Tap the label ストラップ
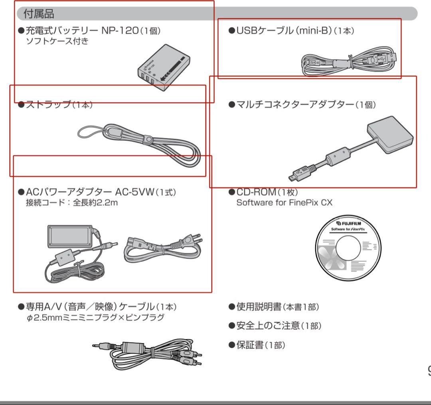pos(48,105)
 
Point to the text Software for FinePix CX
pos(284,202)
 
